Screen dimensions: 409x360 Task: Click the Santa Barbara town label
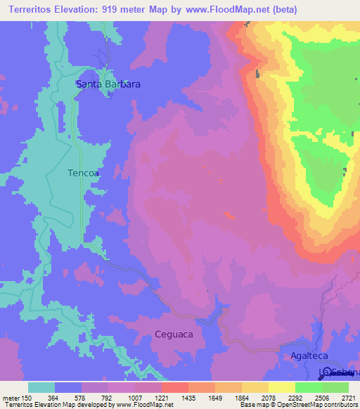pos(108,84)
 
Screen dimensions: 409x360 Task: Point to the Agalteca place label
pos(309,356)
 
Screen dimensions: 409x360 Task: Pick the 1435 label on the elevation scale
pos(188,398)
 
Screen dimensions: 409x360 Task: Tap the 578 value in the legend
pos(82,398)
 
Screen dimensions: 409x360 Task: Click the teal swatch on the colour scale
pos(41,387)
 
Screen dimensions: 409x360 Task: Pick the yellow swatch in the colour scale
pos(282,387)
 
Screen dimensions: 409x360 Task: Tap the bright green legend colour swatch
pos(309,387)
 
